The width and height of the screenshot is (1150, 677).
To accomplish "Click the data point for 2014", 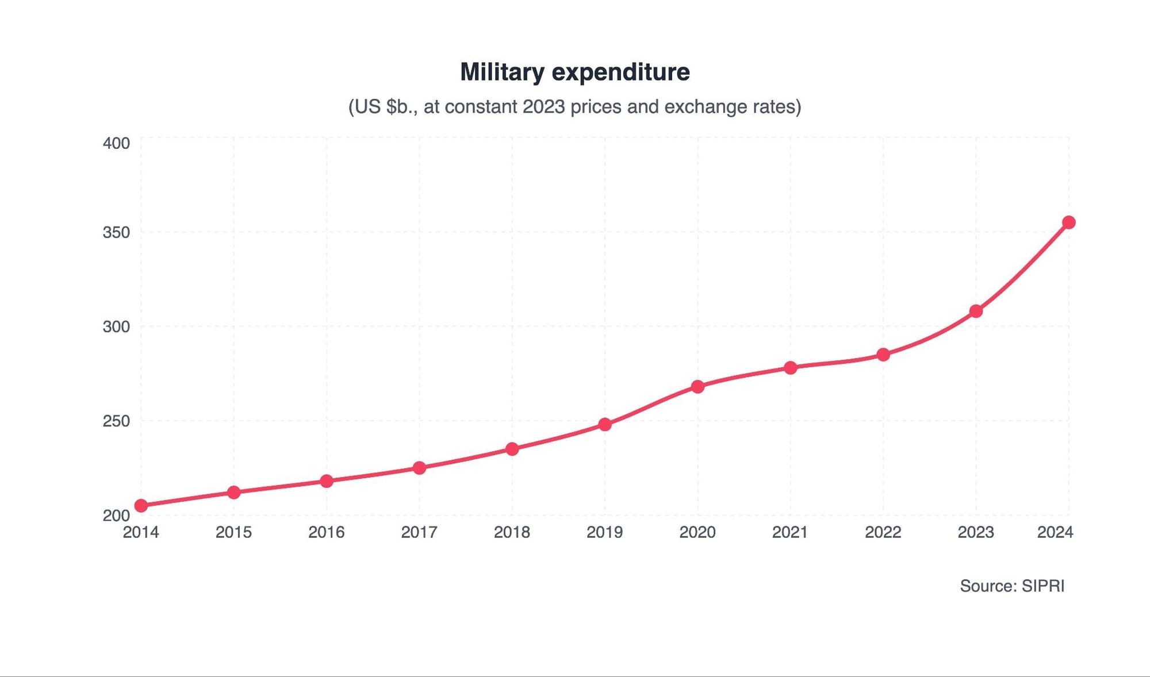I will tap(141, 506).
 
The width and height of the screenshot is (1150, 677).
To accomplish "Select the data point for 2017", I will tap(419, 468).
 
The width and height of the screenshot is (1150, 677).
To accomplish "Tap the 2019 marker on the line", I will tap(605, 425).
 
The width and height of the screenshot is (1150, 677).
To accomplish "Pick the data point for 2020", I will tap(697, 387).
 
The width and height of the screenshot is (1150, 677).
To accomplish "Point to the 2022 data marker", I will tap(883, 355).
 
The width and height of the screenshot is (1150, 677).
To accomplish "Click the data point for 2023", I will tap(976, 311).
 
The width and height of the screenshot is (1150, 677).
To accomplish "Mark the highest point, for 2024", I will tap(1068, 222).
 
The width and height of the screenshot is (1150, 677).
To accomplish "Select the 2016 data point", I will tap(327, 481).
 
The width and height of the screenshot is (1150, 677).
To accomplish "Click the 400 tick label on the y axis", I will tap(116, 143).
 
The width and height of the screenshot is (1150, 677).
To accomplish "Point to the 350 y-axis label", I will tap(116, 232).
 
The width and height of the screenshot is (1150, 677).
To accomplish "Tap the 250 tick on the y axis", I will tap(116, 421).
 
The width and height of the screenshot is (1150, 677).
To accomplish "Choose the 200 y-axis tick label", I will tap(116, 515).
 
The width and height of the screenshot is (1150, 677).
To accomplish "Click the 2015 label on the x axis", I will tap(233, 532).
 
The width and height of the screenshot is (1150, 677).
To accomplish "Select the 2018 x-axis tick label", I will tap(512, 532).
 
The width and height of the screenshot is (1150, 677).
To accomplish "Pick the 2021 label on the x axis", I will tap(790, 532).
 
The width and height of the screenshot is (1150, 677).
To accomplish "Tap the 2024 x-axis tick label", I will tap(1055, 532).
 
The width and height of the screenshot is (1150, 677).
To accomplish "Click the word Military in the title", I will tap(502, 72).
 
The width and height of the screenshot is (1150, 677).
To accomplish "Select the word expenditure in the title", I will tap(620, 72).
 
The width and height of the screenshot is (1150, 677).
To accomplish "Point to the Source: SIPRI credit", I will tap(1012, 586).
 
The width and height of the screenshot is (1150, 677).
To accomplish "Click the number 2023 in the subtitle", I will tap(543, 107).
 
